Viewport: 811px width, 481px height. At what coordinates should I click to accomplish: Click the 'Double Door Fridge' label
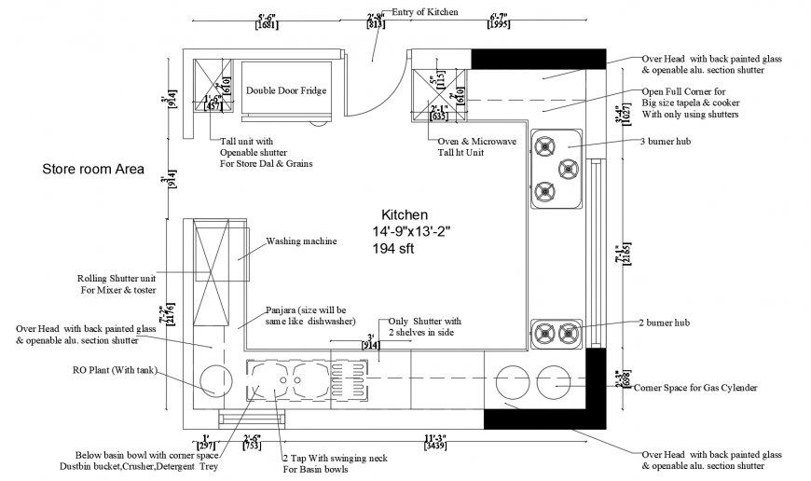click(284, 91)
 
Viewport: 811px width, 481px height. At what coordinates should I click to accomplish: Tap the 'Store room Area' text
click(92, 170)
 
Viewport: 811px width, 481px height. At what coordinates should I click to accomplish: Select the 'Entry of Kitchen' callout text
click(425, 12)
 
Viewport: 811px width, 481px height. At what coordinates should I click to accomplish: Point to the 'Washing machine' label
click(301, 240)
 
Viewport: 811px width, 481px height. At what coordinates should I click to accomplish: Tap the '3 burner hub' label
click(672, 143)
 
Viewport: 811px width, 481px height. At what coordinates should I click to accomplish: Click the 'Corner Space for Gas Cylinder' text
click(694, 387)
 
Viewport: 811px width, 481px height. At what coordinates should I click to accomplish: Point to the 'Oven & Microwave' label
click(476, 142)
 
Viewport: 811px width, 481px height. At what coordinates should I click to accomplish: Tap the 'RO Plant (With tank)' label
click(113, 370)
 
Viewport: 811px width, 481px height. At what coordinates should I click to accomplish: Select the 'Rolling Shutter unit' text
click(117, 278)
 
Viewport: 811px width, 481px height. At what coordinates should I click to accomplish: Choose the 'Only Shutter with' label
click(424, 321)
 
